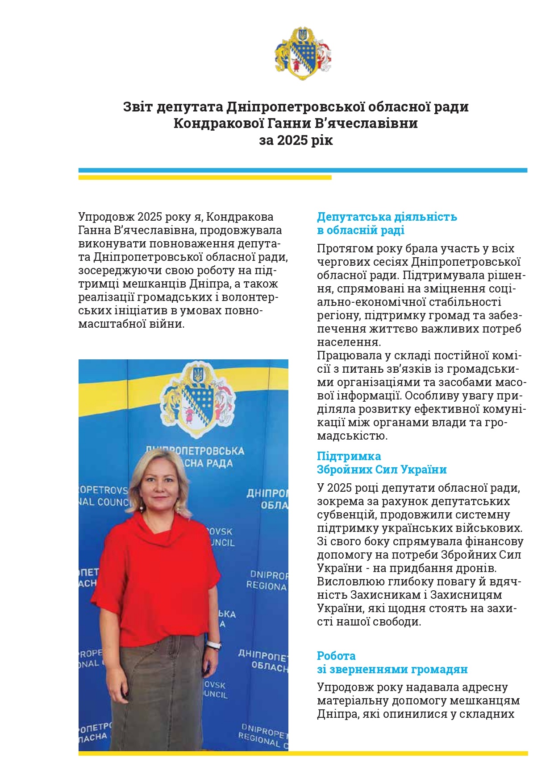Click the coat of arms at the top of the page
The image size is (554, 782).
click(x=303, y=54)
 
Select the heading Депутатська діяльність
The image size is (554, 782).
click(x=387, y=217)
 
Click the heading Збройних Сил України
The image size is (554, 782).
click(x=382, y=470)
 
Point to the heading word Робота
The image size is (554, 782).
click(x=336, y=656)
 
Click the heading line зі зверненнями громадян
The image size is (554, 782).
click(x=392, y=670)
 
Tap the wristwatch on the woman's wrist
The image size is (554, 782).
click(x=214, y=645)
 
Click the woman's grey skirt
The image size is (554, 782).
click(x=156, y=696)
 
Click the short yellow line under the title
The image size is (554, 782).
click(x=205, y=177)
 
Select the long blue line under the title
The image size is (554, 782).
click(x=303, y=170)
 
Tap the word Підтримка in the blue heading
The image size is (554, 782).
click(x=349, y=457)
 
